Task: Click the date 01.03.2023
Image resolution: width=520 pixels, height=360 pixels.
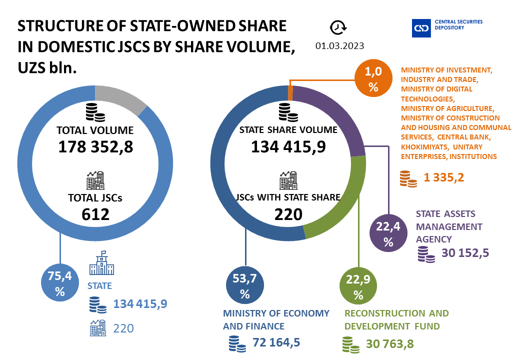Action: click(x=339, y=46)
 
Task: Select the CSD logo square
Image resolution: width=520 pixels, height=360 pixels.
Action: click(x=421, y=28)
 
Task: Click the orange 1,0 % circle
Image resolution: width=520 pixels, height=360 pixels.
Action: click(x=373, y=80)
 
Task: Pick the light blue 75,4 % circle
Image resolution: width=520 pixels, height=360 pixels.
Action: click(x=60, y=284)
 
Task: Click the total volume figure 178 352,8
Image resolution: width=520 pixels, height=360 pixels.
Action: click(x=95, y=147)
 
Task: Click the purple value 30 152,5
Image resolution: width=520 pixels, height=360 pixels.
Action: click(x=465, y=253)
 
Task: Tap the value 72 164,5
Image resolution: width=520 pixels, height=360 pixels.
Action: click(x=276, y=344)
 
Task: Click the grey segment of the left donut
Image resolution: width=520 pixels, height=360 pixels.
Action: click(x=120, y=98)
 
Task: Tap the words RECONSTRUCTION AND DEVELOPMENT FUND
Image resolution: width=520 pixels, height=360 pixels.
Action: click(x=396, y=320)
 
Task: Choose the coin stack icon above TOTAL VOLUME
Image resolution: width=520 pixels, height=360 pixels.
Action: click(x=95, y=112)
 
